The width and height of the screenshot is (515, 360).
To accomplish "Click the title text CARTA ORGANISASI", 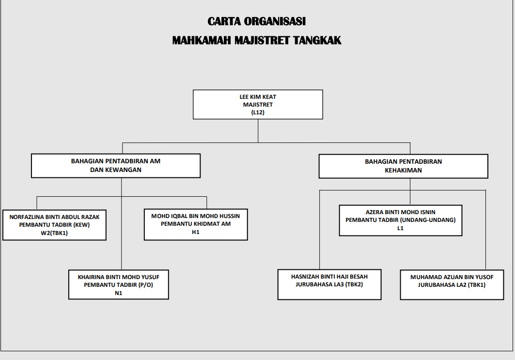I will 257,21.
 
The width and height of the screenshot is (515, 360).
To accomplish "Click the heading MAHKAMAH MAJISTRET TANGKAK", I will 257,40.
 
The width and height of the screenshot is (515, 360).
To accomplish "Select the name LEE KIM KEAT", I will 258,97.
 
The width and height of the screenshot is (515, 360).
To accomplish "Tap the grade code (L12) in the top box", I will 258,112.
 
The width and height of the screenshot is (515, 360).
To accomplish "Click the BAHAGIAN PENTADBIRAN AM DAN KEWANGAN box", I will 116,166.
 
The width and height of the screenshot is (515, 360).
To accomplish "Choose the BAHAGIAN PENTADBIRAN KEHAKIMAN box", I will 403,166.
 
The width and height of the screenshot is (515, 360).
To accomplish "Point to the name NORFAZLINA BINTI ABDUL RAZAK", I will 55,217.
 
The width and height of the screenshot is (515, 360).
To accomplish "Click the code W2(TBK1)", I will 54,233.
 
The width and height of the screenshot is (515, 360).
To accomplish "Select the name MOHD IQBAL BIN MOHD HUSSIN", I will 196,216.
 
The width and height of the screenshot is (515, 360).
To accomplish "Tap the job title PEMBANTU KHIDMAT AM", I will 196,224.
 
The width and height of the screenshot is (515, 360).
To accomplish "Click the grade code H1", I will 196,232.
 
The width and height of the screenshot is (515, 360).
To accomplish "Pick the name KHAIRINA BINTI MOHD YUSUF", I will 119,277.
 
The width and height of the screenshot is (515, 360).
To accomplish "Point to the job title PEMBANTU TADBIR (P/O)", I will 119,285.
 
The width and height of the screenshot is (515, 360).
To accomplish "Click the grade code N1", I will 119,293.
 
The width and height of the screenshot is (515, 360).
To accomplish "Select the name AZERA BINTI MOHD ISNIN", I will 401,212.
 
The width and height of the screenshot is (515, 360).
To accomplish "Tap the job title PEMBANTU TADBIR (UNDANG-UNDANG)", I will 401,220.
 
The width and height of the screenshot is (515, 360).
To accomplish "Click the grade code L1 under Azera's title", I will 401,228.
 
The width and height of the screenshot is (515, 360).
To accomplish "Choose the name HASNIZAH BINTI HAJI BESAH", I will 329,277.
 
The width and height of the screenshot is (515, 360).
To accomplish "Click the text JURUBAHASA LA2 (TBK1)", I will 452,285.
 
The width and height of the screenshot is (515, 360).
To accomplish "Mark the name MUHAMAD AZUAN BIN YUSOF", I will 452,277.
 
